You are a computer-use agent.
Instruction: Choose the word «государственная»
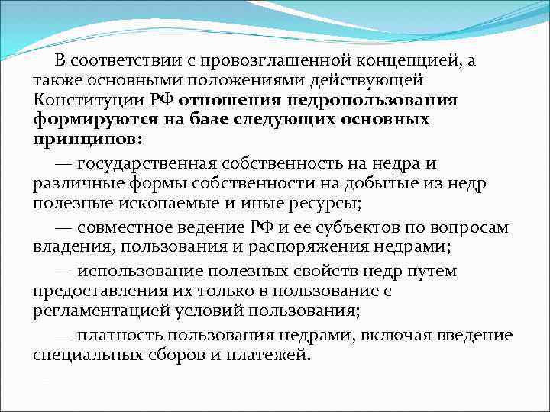tap(160, 164)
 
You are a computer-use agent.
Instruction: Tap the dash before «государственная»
tap(64, 164)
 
